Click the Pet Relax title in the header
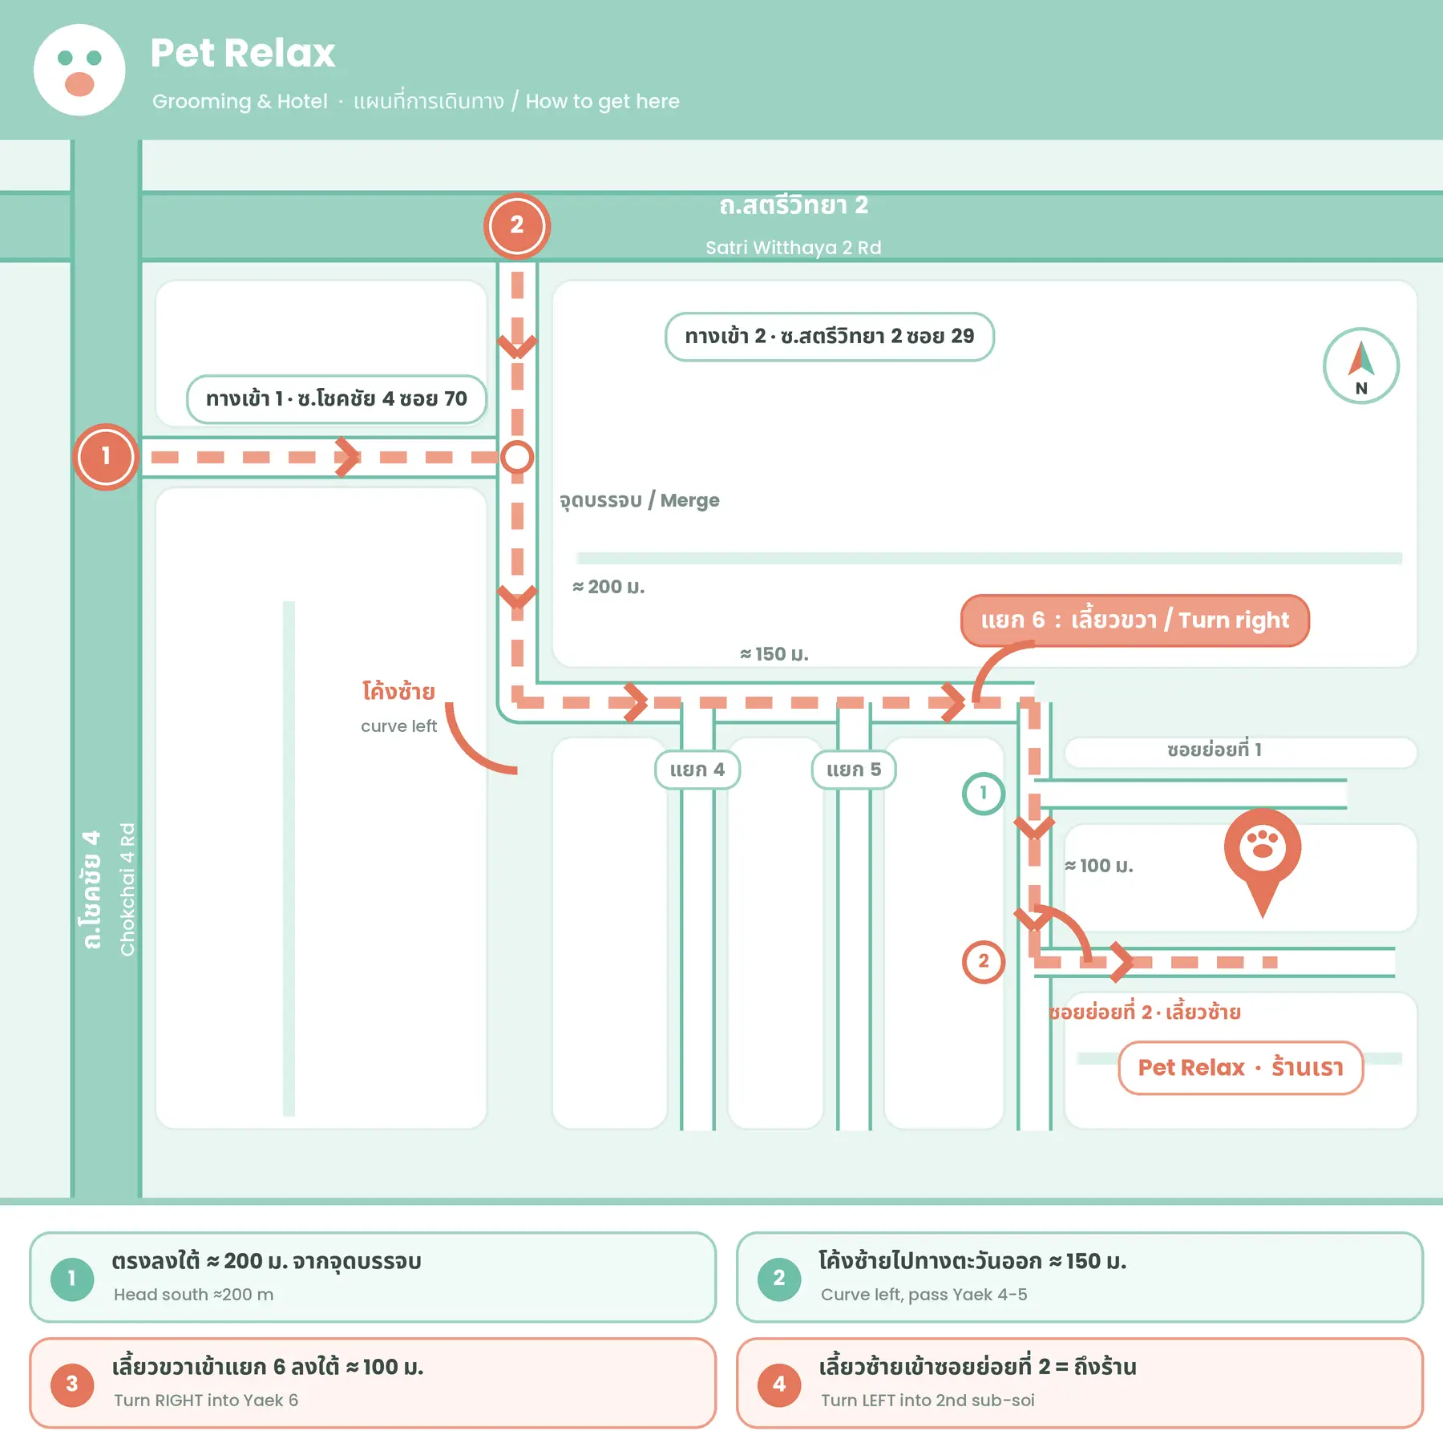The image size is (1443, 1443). pyautogui.click(x=242, y=53)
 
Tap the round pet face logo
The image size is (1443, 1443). pyautogui.click(x=79, y=70)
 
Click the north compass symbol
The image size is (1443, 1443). pyautogui.click(x=1360, y=366)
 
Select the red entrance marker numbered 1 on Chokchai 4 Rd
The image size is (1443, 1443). pyautogui.click(x=105, y=456)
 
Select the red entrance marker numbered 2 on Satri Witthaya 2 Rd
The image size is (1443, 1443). pyautogui.click(x=517, y=226)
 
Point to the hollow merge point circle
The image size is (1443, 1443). pyautogui.click(x=517, y=457)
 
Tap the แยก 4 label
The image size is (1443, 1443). pyautogui.click(x=697, y=770)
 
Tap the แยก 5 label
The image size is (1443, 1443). pyautogui.click(x=854, y=770)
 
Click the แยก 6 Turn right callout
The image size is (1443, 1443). pyautogui.click(x=1135, y=620)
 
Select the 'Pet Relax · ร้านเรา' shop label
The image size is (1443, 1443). pyautogui.click(x=1241, y=1068)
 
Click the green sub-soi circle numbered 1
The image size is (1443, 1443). pyautogui.click(x=984, y=794)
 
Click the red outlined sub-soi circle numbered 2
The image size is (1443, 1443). pyautogui.click(x=984, y=962)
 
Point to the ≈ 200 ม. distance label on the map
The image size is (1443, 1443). pyautogui.click(x=608, y=587)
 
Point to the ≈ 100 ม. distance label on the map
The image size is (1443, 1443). pyautogui.click(x=1099, y=866)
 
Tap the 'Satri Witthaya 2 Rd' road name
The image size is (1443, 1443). pyautogui.click(x=794, y=248)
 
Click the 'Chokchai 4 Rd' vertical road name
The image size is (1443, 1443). pyautogui.click(x=127, y=889)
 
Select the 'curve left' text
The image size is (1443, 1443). pyautogui.click(x=399, y=726)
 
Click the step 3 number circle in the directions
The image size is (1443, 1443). pyautogui.click(x=72, y=1384)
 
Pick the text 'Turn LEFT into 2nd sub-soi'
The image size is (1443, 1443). pyautogui.click(x=928, y=1401)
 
